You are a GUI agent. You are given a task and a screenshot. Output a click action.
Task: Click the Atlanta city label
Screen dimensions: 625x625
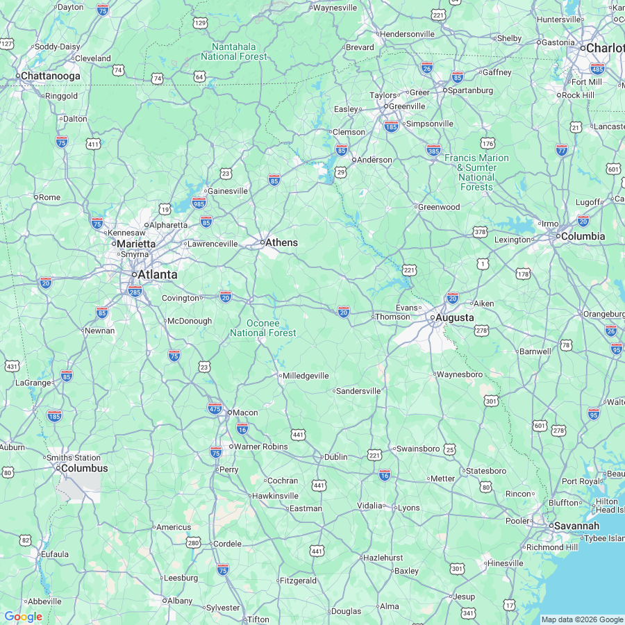pos(157,275)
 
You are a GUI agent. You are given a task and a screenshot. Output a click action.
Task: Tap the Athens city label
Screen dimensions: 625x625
pos(281,242)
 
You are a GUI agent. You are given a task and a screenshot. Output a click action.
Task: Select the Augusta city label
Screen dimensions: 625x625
pos(455,317)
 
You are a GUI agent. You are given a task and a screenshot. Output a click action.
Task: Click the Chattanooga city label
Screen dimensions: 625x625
pos(50,76)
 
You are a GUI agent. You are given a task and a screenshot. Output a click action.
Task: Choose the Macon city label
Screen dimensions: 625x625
pos(244,412)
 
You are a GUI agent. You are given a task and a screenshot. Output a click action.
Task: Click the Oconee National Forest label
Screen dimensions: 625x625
pos(263,328)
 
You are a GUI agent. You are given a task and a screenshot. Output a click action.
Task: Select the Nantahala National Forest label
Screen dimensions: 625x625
pos(234,51)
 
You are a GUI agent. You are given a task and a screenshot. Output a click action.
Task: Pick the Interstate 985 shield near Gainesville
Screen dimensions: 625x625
pos(199,203)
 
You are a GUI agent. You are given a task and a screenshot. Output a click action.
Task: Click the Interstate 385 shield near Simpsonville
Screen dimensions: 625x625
pos(434,150)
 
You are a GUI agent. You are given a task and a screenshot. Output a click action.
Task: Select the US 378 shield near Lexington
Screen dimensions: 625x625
pos(480,231)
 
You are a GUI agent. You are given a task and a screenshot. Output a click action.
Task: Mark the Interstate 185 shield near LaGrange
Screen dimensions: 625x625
pos(54,415)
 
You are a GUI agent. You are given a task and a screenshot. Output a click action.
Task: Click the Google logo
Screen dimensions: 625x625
pos(23,617)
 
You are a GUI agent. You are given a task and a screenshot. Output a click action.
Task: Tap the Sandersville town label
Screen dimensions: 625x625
pos(359,391)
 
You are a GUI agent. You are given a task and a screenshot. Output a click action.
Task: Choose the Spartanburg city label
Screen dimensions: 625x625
pos(471,90)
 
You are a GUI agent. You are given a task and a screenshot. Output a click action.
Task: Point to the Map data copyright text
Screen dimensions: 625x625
pos(582,619)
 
